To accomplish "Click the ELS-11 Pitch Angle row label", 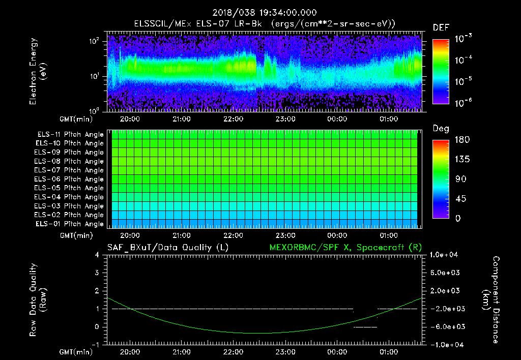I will coord(70,134).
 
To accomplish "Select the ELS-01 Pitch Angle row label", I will coord(70,224).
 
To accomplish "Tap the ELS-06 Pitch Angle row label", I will coord(70,179).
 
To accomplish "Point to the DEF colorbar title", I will coord(441,27).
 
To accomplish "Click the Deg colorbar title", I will coord(441,129).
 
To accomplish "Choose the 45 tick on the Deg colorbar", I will coord(457,199).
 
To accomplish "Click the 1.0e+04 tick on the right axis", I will coord(445,255).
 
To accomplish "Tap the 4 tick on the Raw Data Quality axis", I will coord(97,255).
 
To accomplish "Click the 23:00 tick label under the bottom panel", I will coord(285,351).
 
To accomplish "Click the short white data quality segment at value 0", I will coord(365,327).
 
